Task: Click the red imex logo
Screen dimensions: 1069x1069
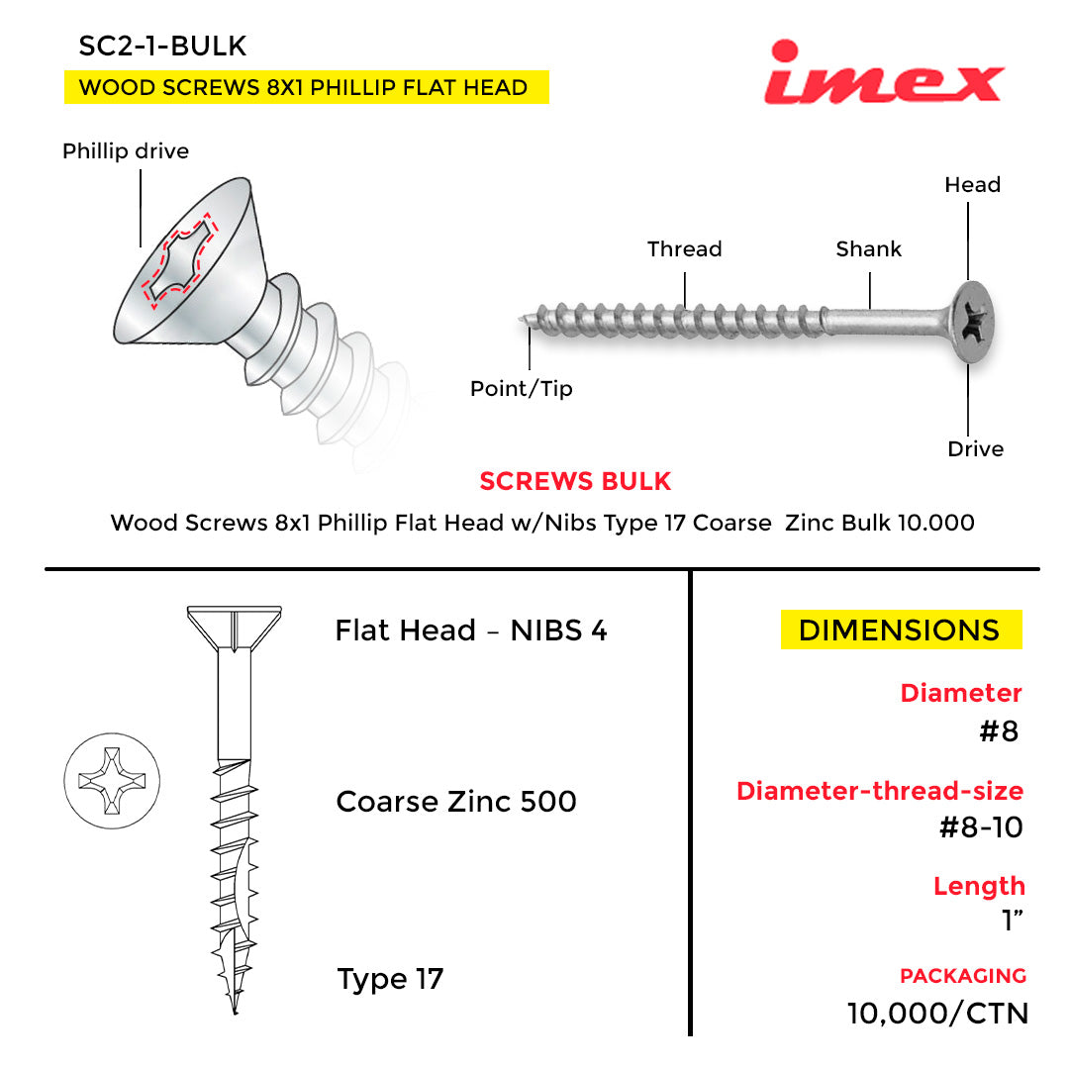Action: click(883, 73)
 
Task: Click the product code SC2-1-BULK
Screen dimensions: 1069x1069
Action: click(162, 46)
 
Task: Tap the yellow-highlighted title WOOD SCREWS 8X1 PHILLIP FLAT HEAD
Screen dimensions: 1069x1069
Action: click(304, 87)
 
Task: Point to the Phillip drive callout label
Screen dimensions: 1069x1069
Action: click(126, 151)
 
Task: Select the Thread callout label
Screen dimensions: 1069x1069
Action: click(684, 249)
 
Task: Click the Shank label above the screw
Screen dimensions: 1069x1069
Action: click(868, 249)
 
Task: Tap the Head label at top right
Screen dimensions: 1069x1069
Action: click(972, 185)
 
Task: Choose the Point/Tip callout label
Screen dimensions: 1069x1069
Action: click(521, 389)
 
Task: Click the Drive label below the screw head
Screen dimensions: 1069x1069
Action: click(975, 449)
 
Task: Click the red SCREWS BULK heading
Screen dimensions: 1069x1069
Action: click(575, 482)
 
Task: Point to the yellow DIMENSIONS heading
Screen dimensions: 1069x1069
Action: click(900, 631)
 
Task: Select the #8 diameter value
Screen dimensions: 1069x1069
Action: click(998, 731)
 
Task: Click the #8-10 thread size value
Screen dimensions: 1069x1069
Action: click(980, 827)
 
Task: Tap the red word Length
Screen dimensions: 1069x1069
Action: click(979, 886)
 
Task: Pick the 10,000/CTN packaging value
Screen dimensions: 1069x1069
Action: click(937, 1014)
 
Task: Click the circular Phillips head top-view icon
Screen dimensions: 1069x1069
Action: click(112, 778)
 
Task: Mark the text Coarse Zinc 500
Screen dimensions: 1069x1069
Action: click(456, 802)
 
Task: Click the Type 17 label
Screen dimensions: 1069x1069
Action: click(390, 980)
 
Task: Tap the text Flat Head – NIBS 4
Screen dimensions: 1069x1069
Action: click(471, 631)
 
